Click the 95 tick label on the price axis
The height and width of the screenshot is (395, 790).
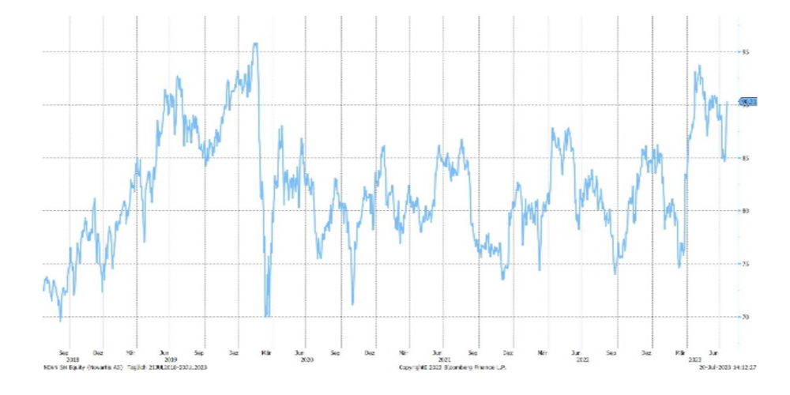(745, 52)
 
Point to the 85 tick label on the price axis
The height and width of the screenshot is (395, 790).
(745, 158)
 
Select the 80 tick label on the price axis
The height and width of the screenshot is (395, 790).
(745, 211)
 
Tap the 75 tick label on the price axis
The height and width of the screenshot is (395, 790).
(745, 264)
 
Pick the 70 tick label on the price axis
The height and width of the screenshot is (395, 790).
(745, 317)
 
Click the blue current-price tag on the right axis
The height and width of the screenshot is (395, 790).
(747, 102)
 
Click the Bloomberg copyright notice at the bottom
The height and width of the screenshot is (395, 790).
(452, 367)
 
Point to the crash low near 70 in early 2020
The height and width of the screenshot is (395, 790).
(267, 315)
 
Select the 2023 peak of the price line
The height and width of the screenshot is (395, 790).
(698, 66)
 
